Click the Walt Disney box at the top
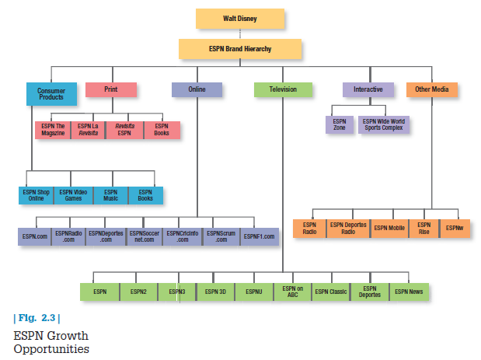pos(239,18)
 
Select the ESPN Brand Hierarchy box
pos(239,49)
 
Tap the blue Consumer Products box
pos(51,94)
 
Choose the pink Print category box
pos(110,89)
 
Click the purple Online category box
pos(197,89)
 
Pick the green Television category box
pos(283,89)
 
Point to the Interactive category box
pos(368,89)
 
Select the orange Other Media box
pos(431,89)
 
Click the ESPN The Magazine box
pos(53,129)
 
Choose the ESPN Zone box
pos(340,124)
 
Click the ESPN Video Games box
pos(73,194)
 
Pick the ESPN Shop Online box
pos(37,194)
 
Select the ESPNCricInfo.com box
pos(183,236)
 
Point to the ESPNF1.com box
pos(259,236)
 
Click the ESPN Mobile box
pos(389,229)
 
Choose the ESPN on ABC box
pos(292,292)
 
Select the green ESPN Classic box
pos(332,292)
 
